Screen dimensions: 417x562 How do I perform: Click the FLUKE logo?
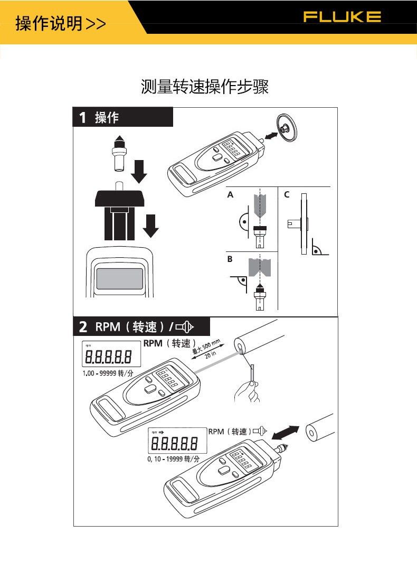342,17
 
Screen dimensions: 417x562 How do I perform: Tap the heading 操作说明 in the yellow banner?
49,24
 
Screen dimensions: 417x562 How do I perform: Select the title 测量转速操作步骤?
205,87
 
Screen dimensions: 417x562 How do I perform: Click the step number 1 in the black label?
83,117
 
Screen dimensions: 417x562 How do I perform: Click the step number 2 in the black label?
83,327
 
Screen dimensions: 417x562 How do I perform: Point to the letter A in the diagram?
230,194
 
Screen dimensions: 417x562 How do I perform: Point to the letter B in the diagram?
230,259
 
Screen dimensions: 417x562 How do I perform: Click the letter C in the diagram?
287,194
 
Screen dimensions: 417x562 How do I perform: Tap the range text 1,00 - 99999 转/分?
108,373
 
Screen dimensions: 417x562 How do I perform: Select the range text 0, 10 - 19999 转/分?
173,459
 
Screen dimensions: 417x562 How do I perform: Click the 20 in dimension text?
211,354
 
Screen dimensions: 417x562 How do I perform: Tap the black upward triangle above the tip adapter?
120,138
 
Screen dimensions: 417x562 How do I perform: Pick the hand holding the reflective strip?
247,392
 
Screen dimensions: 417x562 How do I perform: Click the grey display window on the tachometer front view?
119,279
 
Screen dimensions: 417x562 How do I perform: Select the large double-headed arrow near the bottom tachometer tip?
285,432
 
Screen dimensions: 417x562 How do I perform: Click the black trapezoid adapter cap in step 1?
120,199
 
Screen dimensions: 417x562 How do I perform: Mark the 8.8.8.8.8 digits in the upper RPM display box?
108,357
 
